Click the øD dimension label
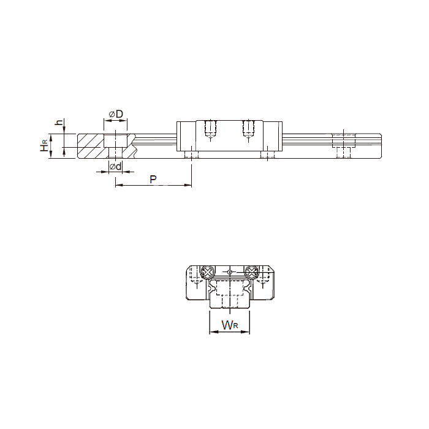point(116,114)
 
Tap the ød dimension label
point(115,166)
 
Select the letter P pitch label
point(153,179)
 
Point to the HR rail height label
point(44,145)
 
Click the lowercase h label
point(59,122)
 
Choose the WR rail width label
point(230,325)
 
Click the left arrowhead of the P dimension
point(118,185)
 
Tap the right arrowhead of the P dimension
point(188,185)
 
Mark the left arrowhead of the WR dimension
point(213,332)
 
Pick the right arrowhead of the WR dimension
point(246,332)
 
